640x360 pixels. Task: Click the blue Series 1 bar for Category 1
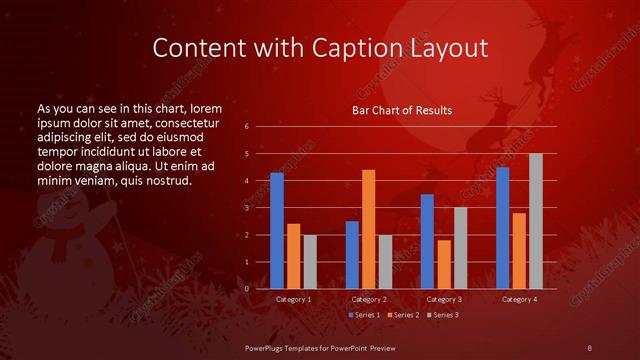[277, 231]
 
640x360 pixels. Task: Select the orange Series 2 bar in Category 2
[368, 229]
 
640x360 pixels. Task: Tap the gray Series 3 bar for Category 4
[536, 221]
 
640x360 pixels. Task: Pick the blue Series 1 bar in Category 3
[427, 241]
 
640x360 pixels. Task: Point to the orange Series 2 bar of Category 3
[444, 264]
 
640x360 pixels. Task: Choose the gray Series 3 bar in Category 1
[310, 262]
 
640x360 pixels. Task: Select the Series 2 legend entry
[402, 315]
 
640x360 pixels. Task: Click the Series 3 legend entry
[444, 315]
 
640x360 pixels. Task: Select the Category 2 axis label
[369, 299]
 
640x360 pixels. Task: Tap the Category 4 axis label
[519, 299]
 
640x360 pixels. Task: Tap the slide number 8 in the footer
[589, 347]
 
